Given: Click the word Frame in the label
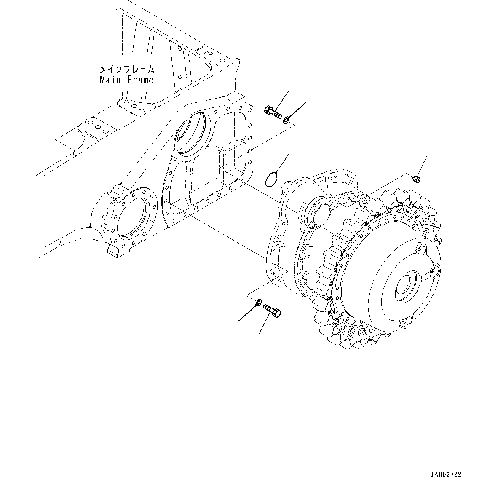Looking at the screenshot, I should tap(140, 80).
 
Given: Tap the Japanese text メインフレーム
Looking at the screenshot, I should tap(127, 69).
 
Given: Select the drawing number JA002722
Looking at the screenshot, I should tap(446, 474).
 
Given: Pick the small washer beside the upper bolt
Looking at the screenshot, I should tap(286, 120).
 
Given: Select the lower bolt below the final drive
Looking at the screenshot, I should tap(272, 311).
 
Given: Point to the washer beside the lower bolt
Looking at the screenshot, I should tap(258, 302).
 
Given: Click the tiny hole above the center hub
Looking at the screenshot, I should tap(408, 262).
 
